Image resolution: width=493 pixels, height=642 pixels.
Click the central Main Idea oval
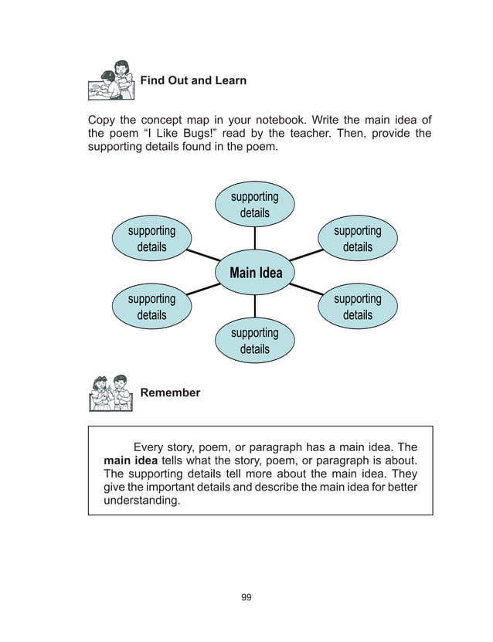(x=255, y=273)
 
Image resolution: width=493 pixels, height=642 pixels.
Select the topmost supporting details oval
(x=254, y=205)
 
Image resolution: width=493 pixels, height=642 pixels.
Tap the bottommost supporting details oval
(x=254, y=341)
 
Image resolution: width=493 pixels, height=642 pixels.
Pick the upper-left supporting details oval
(x=151, y=239)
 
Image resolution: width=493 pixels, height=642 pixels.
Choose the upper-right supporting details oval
(x=358, y=239)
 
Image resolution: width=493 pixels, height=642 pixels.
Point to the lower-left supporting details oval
(x=151, y=307)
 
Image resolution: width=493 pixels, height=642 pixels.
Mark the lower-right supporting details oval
(x=358, y=307)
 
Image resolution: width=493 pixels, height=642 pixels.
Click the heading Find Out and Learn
(x=193, y=80)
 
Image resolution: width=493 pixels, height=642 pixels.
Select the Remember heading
(x=170, y=392)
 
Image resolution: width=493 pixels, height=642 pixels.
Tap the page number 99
(x=246, y=597)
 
